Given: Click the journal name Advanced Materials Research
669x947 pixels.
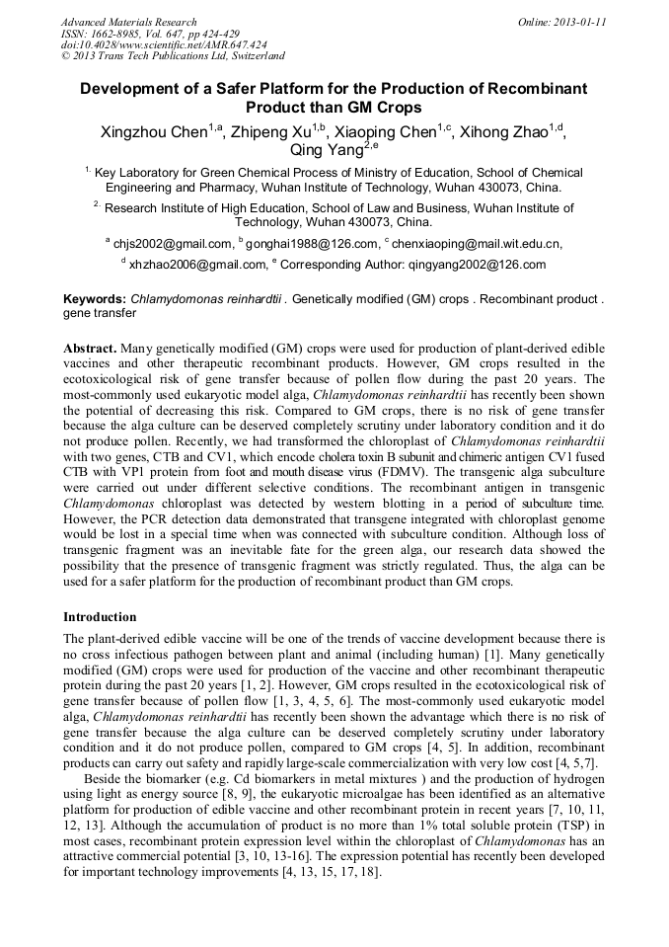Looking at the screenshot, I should [x=129, y=22].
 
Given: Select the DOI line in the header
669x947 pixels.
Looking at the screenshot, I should [x=164, y=44].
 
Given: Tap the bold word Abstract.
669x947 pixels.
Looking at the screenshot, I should [x=91, y=350].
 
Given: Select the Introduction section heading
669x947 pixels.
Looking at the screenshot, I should [x=100, y=617].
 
